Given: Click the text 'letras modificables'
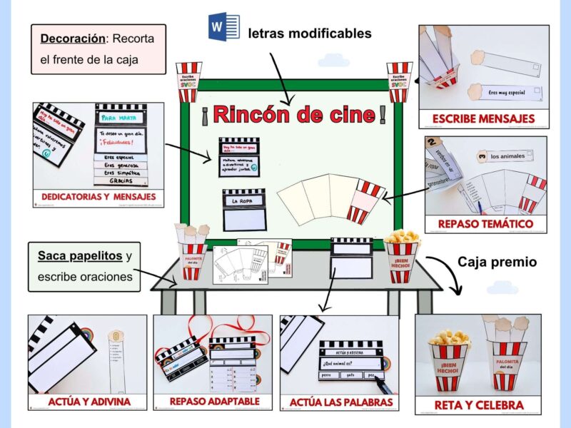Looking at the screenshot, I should pos(310,33).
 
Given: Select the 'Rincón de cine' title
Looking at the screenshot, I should pos(293,113).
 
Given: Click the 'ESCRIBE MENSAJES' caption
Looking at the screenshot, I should pos(483,119).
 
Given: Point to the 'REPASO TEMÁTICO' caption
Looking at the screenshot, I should pos(486,224).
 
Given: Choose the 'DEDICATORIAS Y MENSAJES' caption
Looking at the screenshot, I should pos(98,196).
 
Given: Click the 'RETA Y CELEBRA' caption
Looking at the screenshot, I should pos(477,405).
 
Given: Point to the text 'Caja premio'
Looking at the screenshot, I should pos(497,263).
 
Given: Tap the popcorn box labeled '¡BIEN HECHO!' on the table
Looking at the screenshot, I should pos(403,260).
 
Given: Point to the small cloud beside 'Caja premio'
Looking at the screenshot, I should pos(501,287).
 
